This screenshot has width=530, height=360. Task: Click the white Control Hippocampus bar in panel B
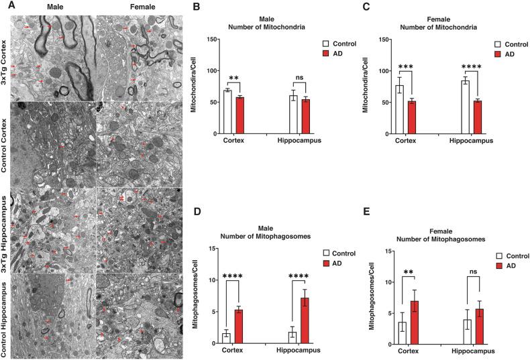(x=293, y=115)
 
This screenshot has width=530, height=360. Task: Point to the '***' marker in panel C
(x=404, y=68)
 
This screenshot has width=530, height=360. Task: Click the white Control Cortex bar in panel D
(x=227, y=338)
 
